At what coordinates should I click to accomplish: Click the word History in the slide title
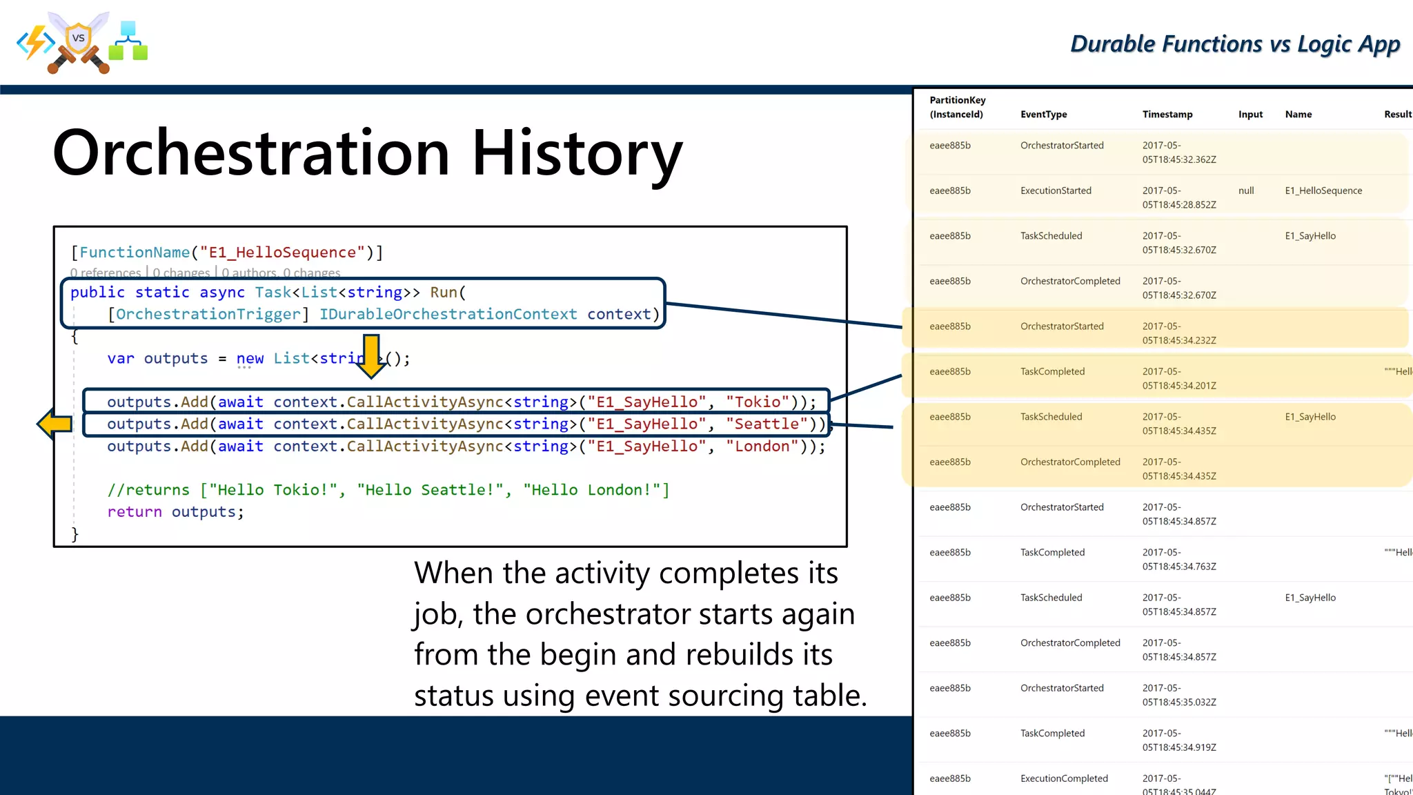click(x=577, y=153)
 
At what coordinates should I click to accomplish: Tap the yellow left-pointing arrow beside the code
click(x=55, y=424)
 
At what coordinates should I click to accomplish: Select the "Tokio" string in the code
click(x=758, y=402)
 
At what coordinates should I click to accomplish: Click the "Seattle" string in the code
click(x=766, y=424)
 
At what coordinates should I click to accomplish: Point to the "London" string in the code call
click(x=762, y=446)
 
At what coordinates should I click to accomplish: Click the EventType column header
click(x=1043, y=115)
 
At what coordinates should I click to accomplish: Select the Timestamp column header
click(x=1167, y=115)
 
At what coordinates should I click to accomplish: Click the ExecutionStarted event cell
click(x=1056, y=190)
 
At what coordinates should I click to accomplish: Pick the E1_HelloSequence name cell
click(x=1323, y=190)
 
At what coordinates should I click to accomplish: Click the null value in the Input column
click(x=1245, y=190)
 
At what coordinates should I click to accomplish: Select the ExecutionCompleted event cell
click(x=1064, y=778)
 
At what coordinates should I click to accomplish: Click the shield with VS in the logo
click(x=79, y=38)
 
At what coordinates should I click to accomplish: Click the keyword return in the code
click(x=135, y=512)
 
